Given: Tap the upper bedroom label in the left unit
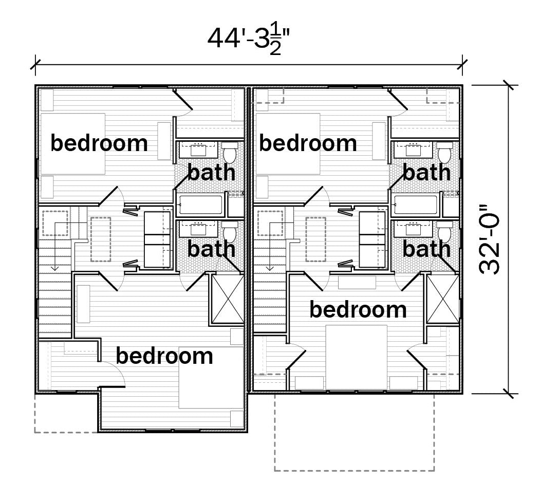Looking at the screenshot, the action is click(99, 143).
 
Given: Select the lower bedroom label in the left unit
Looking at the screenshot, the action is click(164, 356).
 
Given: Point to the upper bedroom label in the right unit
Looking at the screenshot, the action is click(308, 143).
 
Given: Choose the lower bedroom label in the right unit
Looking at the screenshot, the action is click(358, 309).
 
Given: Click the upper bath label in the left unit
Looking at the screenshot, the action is click(211, 172).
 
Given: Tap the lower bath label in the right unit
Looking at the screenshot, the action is click(426, 249).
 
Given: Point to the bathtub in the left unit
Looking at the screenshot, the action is click(201, 205).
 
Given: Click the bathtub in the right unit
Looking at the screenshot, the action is click(416, 205).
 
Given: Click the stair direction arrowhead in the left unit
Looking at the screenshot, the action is click(54, 267).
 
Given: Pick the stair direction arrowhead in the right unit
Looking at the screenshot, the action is click(270, 267).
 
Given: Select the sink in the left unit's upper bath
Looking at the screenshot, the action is click(198, 150).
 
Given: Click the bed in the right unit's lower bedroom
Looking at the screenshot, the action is click(357, 357).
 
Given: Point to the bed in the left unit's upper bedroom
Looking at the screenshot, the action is click(73, 144).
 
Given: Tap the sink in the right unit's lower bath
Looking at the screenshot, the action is click(414, 229).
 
